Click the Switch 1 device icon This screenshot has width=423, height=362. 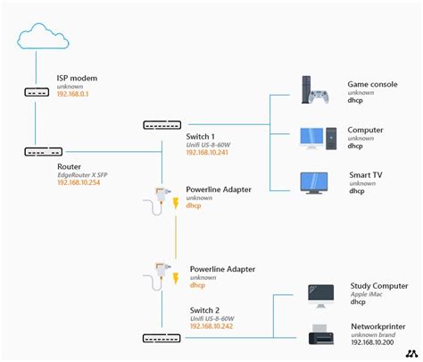[160, 124]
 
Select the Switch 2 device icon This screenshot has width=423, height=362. [160, 337]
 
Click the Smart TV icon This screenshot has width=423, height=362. [317, 182]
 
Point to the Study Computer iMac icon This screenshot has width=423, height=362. [320, 295]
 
